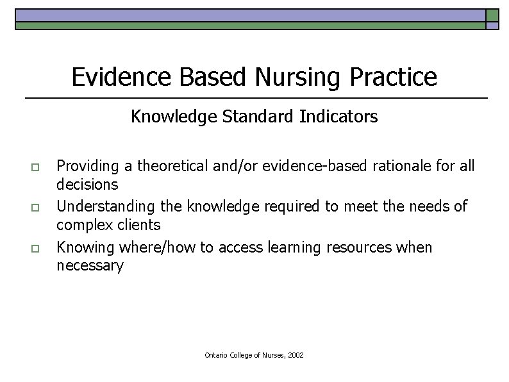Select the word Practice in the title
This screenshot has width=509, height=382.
[394, 77]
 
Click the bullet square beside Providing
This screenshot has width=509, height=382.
[35, 167]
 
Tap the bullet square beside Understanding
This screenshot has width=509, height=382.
[35, 208]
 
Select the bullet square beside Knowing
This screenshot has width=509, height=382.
[35, 248]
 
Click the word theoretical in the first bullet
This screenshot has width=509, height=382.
[167, 166]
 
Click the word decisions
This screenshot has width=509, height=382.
[87, 185]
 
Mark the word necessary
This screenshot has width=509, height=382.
[90, 266]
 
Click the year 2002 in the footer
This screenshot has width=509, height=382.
[296, 354]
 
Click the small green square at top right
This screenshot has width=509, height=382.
[492, 15]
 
